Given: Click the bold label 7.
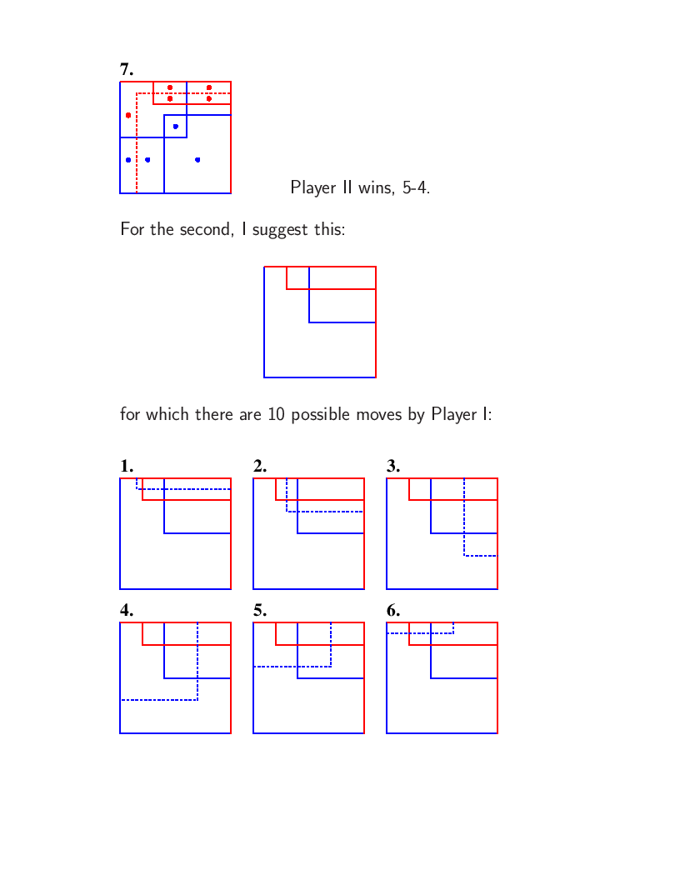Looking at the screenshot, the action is point(126,69).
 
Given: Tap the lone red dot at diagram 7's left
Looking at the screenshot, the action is point(128,115).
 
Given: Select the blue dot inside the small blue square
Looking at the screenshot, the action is point(176,127).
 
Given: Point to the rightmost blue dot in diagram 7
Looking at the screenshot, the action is point(197,160).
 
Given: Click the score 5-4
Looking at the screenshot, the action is point(417,187).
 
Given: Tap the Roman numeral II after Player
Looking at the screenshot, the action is point(347,187).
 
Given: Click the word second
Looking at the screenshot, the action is point(205,229).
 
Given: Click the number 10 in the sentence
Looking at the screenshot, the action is point(276,414).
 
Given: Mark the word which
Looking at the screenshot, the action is point(167,414).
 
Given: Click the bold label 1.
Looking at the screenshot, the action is point(126,466).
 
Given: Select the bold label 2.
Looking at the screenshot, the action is point(260,466).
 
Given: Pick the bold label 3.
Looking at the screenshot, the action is point(392,466).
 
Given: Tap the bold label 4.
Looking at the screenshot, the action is point(126,610).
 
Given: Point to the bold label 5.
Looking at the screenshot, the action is point(260,610).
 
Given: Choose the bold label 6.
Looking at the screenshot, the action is point(392,610).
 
